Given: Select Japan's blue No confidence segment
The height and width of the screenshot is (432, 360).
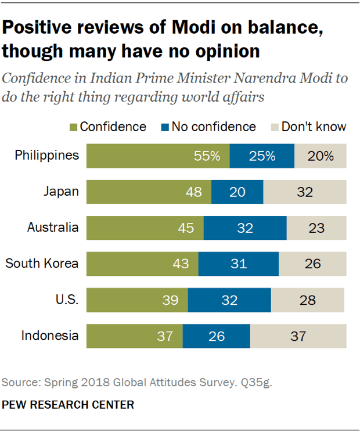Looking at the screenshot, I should click(237, 192).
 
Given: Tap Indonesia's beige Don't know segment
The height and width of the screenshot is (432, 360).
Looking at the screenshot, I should click(298, 336).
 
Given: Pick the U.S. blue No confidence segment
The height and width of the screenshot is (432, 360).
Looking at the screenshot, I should click(229, 300).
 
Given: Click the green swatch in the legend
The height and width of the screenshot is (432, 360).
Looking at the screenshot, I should click(73, 127).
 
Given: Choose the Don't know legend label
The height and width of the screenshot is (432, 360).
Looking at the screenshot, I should click(314, 127).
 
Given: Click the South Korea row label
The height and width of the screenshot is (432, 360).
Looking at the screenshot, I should click(42, 264).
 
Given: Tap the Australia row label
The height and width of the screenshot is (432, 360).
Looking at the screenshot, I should click(53, 228).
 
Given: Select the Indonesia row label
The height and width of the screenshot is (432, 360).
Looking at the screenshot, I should click(50, 336).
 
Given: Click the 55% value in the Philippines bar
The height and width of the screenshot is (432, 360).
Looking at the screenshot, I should click(207, 156).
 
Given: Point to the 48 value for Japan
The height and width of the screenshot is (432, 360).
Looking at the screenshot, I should click(195, 192).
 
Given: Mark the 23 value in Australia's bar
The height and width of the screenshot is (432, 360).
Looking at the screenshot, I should click(316, 228).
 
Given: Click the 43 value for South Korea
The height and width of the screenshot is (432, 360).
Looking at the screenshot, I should click(181, 264).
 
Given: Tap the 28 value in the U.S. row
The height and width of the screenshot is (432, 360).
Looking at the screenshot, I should click(308, 300).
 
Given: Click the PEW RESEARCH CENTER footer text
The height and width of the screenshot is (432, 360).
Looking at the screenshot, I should click(68, 404).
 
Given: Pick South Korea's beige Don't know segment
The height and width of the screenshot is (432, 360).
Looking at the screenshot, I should click(312, 264).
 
